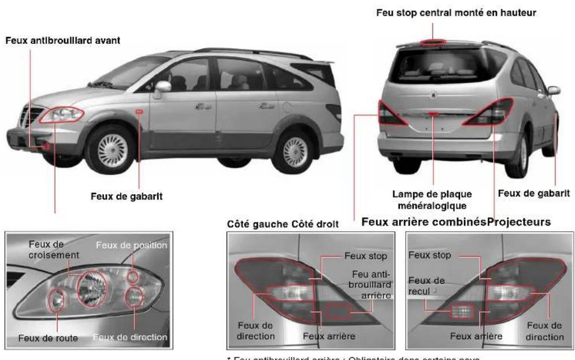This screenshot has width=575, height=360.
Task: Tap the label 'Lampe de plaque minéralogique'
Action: click(x=433, y=199)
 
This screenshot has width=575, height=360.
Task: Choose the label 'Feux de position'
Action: click(x=132, y=246)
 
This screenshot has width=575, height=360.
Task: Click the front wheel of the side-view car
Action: click(x=110, y=149)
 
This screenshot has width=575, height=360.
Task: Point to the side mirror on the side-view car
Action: click(x=162, y=87)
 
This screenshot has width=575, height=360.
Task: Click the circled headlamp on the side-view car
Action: click(x=61, y=114)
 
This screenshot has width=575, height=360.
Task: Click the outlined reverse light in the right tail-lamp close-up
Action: click(x=461, y=311)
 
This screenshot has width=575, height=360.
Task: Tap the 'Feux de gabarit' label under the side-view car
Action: click(x=126, y=196)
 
